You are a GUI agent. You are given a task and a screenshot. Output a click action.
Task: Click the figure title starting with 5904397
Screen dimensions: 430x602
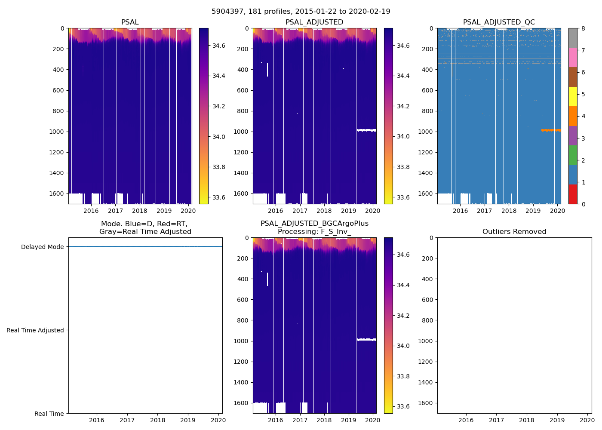tap(301, 12)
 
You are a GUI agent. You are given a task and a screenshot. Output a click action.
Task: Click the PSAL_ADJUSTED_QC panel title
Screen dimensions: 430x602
tap(499, 22)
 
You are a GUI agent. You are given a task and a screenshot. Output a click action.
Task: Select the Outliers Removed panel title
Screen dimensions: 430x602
tap(514, 232)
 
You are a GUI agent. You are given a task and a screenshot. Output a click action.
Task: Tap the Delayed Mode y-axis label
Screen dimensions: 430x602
tap(42, 247)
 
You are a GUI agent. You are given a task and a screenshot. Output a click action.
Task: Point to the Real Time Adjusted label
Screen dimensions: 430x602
tap(35, 330)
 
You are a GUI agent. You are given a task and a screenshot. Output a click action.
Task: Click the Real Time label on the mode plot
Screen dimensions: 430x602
tap(49, 414)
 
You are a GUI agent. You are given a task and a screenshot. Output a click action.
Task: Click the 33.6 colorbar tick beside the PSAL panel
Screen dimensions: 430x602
tap(219, 198)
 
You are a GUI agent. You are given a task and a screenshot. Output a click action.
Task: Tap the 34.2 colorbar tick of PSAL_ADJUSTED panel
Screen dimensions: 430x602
tap(403, 106)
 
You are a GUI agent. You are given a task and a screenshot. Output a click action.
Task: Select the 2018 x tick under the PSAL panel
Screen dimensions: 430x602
tap(140, 211)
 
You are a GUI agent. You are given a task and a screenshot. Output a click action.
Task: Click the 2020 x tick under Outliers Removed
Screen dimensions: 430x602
tap(587, 420)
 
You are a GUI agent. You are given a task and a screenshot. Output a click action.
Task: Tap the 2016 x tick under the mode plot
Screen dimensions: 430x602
tap(97, 420)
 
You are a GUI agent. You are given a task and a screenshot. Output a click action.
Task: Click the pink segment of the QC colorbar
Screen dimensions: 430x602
tap(573, 57)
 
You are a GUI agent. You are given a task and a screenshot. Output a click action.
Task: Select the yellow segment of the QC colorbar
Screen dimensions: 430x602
tap(573, 96)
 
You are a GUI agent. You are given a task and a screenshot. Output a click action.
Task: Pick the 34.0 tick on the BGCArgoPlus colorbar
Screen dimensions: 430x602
tap(403, 346)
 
